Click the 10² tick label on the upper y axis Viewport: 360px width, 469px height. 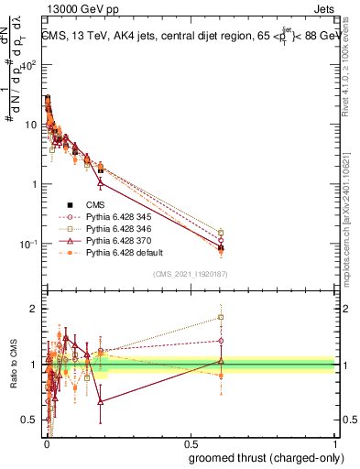coord(27,65)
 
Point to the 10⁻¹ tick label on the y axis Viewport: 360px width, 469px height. coord(27,245)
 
